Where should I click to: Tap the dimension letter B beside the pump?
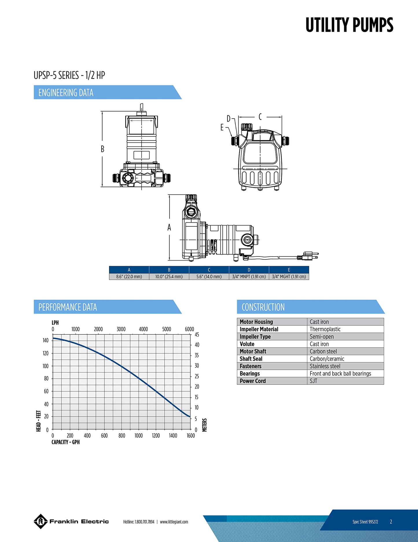[102, 149]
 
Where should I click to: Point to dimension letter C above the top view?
[260, 117]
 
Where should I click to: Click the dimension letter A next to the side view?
[169, 228]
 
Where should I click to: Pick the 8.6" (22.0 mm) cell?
[129, 277]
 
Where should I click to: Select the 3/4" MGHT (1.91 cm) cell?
[289, 277]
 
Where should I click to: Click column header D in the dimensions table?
[249, 270]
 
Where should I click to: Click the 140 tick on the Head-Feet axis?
[46, 340]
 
